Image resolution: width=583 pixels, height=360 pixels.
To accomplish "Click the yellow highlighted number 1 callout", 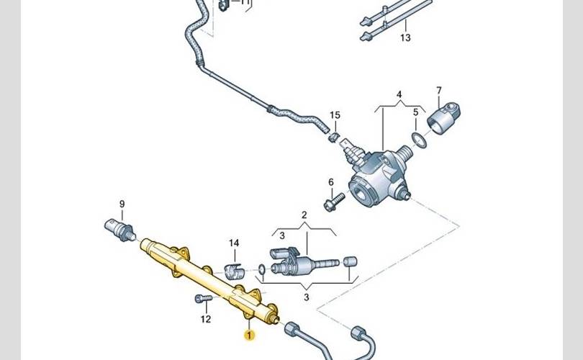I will click(249, 335).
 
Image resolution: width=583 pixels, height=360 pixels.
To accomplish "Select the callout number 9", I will click(122, 204).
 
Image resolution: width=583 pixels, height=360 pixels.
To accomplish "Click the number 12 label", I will click(206, 319).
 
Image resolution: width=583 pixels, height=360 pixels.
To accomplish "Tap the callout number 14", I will click(233, 243).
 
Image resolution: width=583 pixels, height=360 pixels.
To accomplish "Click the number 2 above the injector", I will click(304, 215).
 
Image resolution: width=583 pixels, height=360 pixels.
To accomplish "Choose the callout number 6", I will click(331, 182).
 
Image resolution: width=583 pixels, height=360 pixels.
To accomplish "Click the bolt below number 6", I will click(330, 204).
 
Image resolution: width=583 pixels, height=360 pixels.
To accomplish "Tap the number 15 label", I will click(335, 115).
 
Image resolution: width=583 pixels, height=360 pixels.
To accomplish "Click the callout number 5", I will click(415, 112).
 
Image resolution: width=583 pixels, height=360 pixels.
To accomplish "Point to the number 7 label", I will click(438, 90).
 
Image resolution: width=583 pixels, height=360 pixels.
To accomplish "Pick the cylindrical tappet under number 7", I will click(442, 117).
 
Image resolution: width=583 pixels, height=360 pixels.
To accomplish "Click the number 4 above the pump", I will click(399, 94).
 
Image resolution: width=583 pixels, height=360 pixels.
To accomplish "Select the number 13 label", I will click(405, 37).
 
